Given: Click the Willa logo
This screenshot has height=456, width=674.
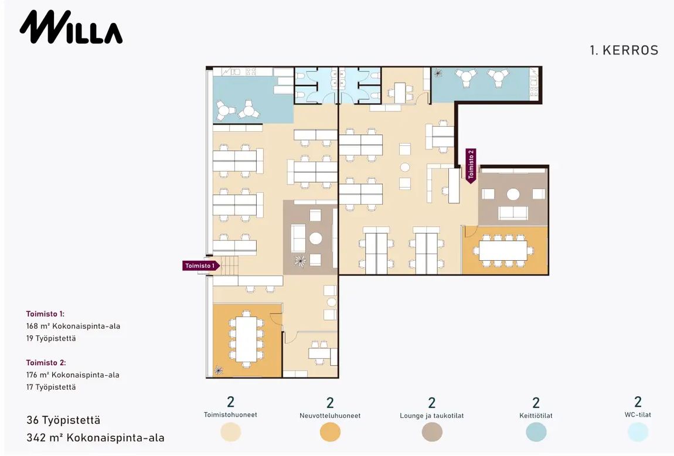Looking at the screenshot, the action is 71,27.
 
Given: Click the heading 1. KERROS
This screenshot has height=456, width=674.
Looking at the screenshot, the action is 624,50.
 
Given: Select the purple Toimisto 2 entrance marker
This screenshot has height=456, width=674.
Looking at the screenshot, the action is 471,166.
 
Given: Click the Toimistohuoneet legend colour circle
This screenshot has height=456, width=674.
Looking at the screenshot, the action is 231,432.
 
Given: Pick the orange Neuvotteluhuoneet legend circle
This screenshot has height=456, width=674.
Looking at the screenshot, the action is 330,432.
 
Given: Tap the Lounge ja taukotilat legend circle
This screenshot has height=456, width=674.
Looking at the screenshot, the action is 432,432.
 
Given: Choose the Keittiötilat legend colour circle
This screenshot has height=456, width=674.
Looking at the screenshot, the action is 536,432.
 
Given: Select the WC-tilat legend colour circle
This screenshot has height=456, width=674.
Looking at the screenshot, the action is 638,432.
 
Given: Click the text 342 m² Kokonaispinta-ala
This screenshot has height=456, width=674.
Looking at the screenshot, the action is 96,437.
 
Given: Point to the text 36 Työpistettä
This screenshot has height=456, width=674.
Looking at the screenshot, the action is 63,420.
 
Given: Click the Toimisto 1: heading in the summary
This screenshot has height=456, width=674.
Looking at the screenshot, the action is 45,314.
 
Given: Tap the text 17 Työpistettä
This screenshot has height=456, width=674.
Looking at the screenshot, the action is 51,387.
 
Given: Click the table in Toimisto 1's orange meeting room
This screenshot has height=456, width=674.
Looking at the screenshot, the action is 246,339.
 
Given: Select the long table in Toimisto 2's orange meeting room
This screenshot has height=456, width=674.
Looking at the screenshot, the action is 503,250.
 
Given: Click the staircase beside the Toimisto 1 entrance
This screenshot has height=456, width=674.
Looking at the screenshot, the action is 229,265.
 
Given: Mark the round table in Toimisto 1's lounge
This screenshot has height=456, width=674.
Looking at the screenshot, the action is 316,239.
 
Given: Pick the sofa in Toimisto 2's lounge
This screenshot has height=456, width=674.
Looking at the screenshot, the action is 513,212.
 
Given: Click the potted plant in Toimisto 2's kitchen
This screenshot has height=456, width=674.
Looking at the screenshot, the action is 438,73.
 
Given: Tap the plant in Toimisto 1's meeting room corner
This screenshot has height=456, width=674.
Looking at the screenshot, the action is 219,370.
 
